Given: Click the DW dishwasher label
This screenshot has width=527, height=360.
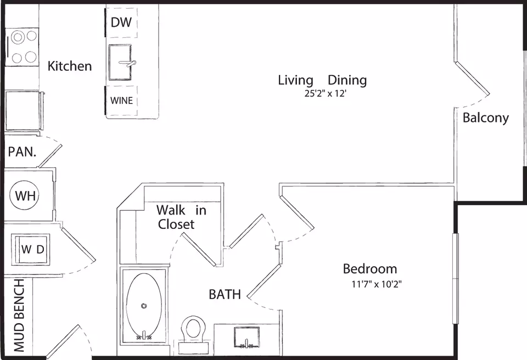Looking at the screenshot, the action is [x=121, y=22].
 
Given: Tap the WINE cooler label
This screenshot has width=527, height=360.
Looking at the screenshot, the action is [x=121, y=100].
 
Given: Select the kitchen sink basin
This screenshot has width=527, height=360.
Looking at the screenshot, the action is [x=120, y=63].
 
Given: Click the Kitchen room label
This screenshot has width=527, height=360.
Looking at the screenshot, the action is [x=70, y=66].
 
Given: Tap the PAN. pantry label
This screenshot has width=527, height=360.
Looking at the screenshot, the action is [x=22, y=152].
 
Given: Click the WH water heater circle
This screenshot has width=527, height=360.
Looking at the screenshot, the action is [x=24, y=195].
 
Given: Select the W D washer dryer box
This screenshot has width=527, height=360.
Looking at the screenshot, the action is [x=31, y=249].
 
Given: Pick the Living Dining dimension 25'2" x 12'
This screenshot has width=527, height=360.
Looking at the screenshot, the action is [x=326, y=93].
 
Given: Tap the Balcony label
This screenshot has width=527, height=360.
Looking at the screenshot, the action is [x=486, y=118].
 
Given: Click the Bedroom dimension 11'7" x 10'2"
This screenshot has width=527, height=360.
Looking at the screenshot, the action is [x=377, y=284].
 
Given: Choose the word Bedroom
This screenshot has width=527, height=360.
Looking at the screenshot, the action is [x=370, y=269].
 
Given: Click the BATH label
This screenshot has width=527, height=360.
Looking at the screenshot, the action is [x=225, y=295].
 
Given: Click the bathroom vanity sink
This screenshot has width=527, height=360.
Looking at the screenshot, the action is [x=246, y=337].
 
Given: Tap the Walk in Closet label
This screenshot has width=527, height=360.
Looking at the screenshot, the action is [x=181, y=217].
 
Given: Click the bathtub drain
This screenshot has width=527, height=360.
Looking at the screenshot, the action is [x=144, y=306].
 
